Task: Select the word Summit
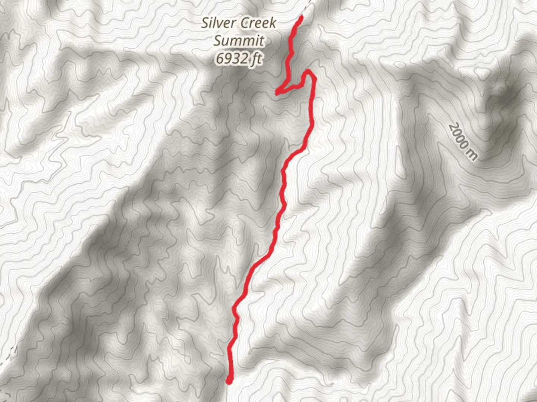pos(239,41)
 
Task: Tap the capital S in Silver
pos(205,23)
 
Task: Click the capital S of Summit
pos(217,41)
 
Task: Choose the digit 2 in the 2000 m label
pos(452,128)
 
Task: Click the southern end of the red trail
pos(229,381)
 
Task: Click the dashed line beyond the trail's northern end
pos(308,6)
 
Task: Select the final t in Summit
pos(262,41)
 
